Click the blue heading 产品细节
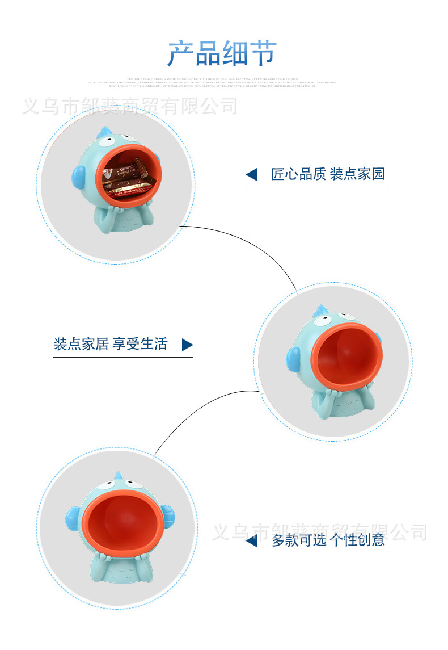222,53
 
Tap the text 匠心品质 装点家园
328,174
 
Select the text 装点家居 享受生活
111,344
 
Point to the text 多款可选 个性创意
328,540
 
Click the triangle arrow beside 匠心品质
251,175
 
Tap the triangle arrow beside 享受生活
187,345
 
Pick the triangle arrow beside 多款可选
251,540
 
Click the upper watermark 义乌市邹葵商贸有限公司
129,106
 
